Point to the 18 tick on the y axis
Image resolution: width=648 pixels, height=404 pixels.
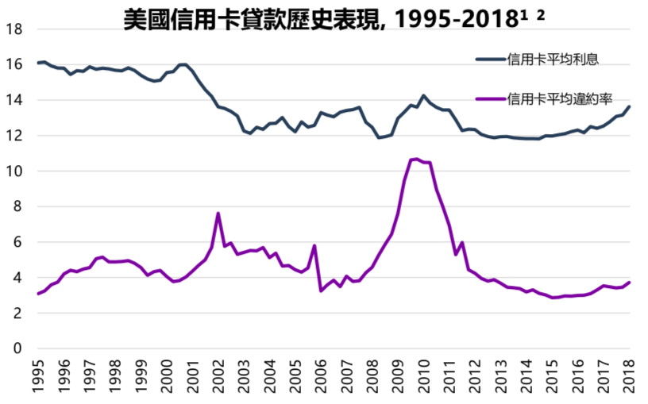pyautogui.click(x=13, y=29)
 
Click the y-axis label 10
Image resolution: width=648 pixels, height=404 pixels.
pyautogui.click(x=13, y=171)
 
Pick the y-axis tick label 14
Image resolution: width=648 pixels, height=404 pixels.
pyautogui.click(x=13, y=100)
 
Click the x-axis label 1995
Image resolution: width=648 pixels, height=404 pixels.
pyautogui.click(x=39, y=378)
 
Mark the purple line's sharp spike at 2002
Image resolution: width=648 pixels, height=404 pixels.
pyautogui.click(x=218, y=214)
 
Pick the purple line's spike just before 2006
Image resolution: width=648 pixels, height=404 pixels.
pyautogui.click(x=314, y=246)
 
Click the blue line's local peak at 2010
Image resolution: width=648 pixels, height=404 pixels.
pyautogui.click(x=423, y=96)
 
